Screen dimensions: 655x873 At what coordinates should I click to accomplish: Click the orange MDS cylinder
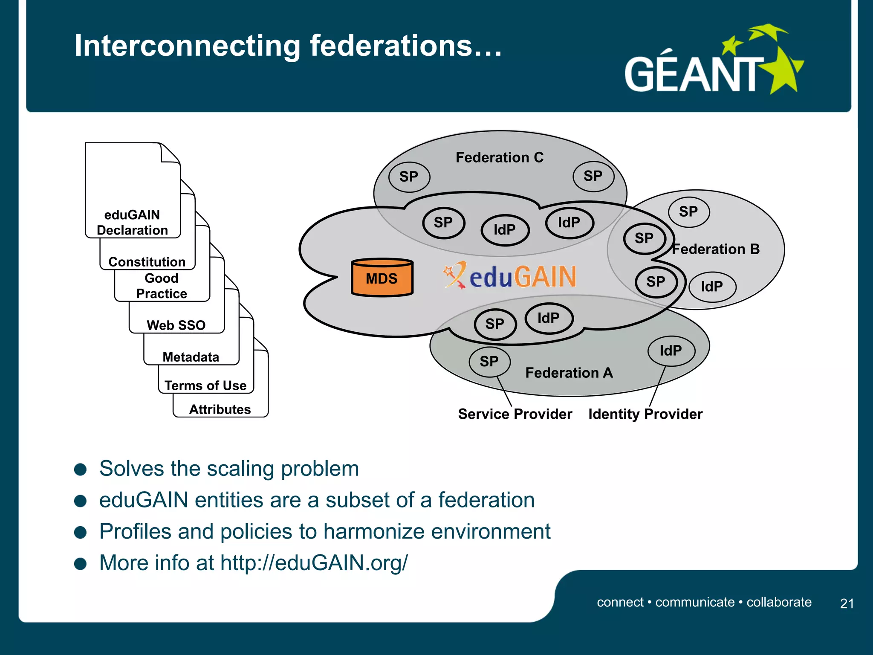(382, 278)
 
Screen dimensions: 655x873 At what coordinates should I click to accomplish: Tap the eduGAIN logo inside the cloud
(510, 276)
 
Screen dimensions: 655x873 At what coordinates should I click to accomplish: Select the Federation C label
(500, 157)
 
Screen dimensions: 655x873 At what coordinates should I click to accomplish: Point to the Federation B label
(716, 249)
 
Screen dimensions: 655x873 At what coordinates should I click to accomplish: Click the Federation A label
(569, 373)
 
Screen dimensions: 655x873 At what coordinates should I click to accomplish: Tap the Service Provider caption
(515, 414)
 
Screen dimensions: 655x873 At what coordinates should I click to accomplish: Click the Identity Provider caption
(645, 414)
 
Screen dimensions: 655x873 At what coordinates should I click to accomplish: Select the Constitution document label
(147, 261)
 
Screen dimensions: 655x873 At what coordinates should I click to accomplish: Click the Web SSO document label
(176, 325)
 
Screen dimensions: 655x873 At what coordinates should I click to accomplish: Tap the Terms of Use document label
(205, 385)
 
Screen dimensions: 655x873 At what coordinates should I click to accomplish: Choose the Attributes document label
(220, 409)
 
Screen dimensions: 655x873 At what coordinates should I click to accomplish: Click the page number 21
(847, 603)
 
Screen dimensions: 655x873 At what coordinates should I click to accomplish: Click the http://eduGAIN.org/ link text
(314, 563)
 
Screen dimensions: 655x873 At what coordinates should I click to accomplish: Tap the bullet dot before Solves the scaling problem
(80, 470)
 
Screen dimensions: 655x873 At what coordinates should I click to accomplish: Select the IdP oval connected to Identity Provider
(671, 351)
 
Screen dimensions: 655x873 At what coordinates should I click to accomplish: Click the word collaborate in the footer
(779, 602)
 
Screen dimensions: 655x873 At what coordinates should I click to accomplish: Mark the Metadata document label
(191, 357)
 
